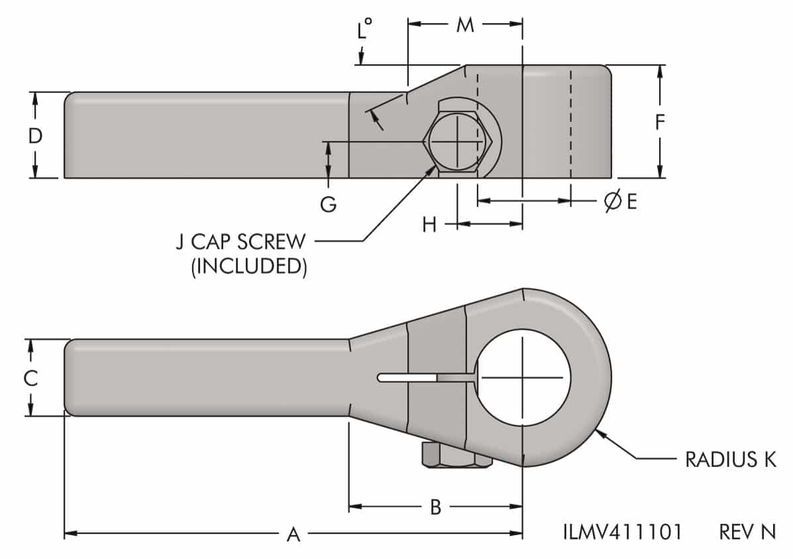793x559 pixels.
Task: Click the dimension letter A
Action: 292,534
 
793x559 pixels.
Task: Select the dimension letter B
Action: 435,508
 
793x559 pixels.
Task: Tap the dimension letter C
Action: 30,378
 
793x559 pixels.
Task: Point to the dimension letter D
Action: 35,136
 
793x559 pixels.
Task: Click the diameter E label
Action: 620,202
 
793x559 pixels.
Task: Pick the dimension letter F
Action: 660,122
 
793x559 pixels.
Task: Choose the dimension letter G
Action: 329,205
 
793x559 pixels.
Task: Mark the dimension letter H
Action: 430,225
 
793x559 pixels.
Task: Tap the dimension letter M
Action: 465,25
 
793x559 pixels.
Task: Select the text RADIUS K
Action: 730,460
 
